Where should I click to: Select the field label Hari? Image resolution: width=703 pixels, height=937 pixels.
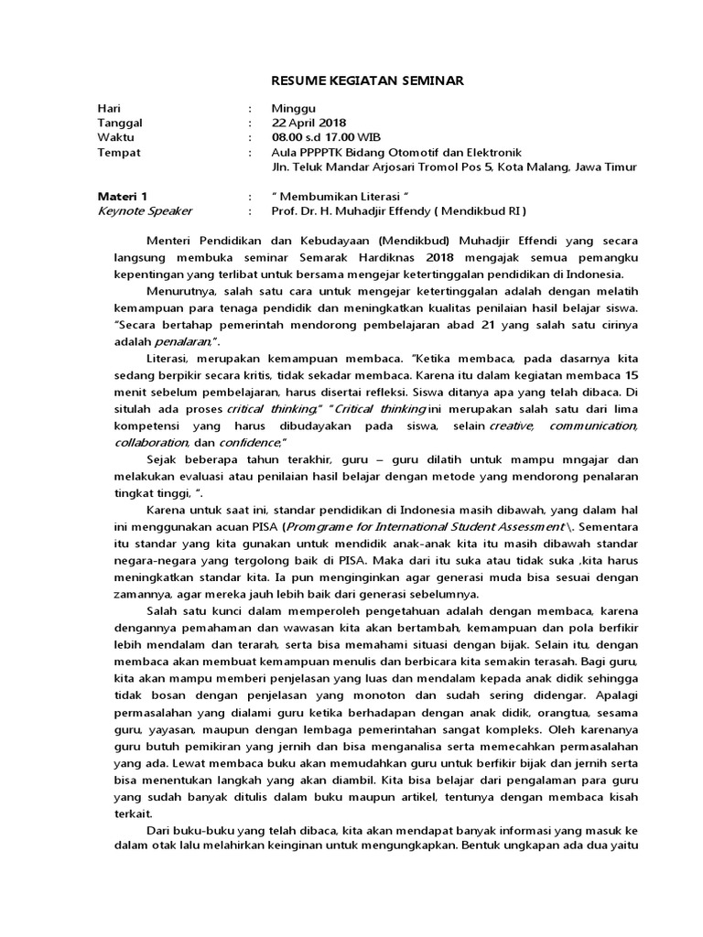coord(109,107)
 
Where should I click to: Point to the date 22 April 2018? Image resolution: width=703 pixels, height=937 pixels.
coord(308,122)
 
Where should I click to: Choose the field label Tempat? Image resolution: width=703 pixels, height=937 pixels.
coord(119,153)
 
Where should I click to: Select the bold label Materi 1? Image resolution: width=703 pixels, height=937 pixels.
coord(122,196)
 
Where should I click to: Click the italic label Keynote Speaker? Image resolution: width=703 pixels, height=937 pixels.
coord(145,210)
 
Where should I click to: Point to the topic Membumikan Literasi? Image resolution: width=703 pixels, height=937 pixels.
coord(339,196)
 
